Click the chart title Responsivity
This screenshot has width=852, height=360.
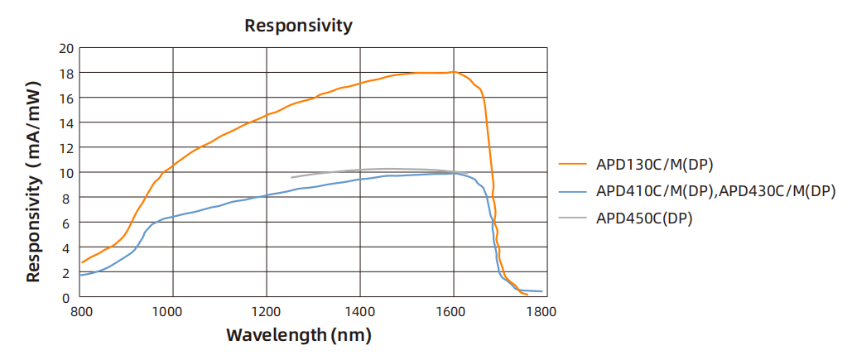click(x=298, y=26)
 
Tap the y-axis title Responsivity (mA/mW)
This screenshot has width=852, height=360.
click(x=34, y=181)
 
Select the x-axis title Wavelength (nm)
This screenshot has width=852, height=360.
click(x=298, y=335)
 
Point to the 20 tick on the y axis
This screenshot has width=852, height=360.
click(x=66, y=48)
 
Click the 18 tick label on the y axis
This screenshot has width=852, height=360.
click(x=66, y=73)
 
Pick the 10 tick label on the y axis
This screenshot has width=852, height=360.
click(x=66, y=173)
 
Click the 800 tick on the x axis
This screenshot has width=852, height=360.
click(x=80, y=313)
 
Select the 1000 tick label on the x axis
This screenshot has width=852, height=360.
click(x=173, y=313)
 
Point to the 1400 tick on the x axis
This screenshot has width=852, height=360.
click(x=359, y=313)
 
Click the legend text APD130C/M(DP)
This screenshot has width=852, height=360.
click(x=654, y=163)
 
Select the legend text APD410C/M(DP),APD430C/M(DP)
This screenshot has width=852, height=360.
click(x=715, y=191)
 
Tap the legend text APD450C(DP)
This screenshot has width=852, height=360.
click(x=643, y=218)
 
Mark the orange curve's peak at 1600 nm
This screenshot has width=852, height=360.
click(x=453, y=71)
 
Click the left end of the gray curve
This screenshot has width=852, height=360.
click(x=291, y=177)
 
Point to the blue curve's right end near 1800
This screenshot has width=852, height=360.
click(x=542, y=291)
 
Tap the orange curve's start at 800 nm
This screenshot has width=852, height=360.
click(x=81, y=262)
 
